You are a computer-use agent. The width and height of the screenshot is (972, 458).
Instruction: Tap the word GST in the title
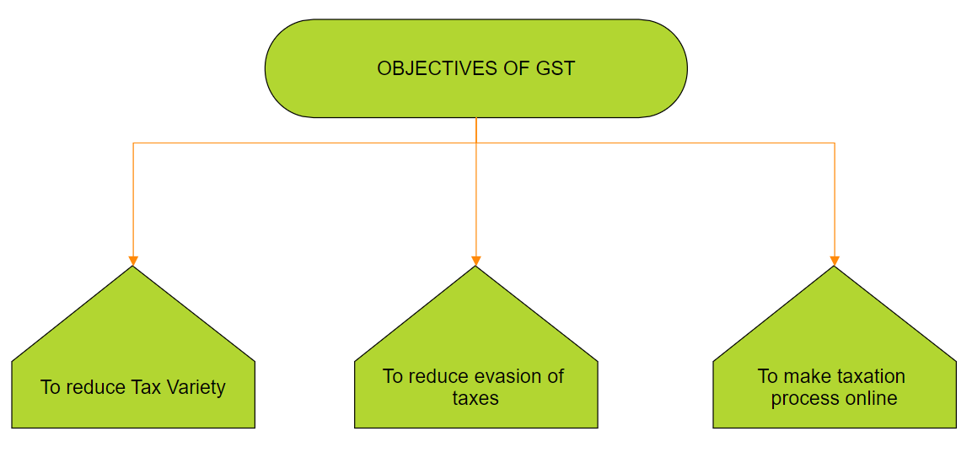pyautogui.click(x=556, y=68)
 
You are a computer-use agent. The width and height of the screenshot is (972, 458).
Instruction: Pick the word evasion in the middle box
pyautogui.click(x=502, y=376)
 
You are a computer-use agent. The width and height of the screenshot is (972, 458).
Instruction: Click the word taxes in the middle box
pyautogui.click(x=475, y=398)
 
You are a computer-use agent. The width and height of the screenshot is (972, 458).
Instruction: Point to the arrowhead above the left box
pyautogui.click(x=132, y=261)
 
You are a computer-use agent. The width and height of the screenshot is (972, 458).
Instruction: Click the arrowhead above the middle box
pyautogui.click(x=476, y=261)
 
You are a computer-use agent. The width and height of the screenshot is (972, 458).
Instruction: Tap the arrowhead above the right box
pyautogui.click(x=835, y=261)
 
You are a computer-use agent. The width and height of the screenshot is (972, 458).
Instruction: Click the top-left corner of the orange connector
pyautogui.click(x=133, y=143)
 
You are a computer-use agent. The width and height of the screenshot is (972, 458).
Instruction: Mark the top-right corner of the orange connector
pyautogui.click(x=835, y=143)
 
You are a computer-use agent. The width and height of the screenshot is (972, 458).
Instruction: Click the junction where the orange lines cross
pyautogui.click(x=476, y=143)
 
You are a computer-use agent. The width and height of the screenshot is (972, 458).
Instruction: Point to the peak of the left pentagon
pyautogui.click(x=132, y=267)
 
